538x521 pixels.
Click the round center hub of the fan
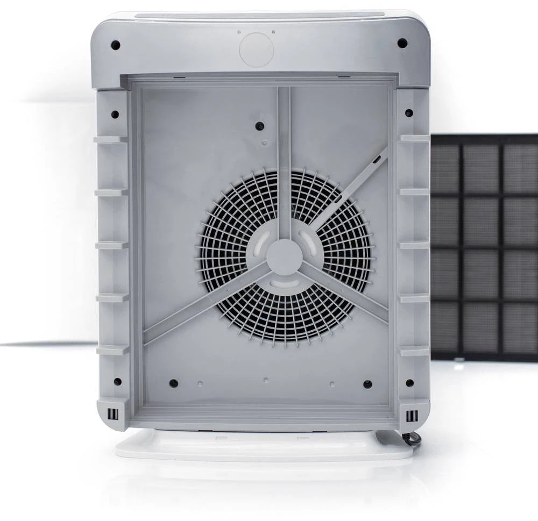[x=284, y=257]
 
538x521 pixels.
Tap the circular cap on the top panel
[x=256, y=50]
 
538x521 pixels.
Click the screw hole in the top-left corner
[x=115, y=45]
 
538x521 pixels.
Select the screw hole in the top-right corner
[x=402, y=43]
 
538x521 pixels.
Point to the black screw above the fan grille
[x=260, y=126]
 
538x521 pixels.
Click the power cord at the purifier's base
[x=412, y=439]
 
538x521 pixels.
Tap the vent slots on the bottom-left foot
[x=112, y=415]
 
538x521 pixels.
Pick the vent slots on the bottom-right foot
[x=411, y=416]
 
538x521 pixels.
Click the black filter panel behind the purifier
[x=484, y=247]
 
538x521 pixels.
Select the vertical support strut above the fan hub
[x=284, y=161]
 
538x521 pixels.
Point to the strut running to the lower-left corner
[x=204, y=304]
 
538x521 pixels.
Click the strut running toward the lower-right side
[x=344, y=290]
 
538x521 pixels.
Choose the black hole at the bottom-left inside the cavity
[x=173, y=383]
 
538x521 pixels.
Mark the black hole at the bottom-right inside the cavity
[x=367, y=384]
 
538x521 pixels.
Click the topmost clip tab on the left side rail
[x=110, y=140]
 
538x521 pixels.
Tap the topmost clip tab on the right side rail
[x=414, y=138]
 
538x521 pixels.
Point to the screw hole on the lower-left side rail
[x=117, y=382]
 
